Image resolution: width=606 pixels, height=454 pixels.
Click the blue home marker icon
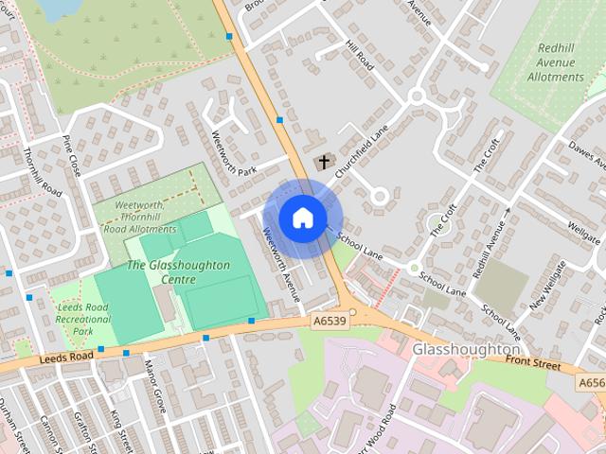click(302, 218)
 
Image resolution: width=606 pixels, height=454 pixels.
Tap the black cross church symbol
click(324, 162)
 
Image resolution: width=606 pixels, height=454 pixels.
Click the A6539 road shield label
click(330, 323)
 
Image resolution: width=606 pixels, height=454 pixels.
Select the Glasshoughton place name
click(466, 349)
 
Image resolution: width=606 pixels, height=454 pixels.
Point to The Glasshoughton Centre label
click(177, 272)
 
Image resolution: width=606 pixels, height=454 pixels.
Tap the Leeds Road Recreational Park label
click(84, 319)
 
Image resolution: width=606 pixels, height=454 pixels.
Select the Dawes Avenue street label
click(587, 158)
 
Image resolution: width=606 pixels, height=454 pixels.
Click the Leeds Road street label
click(67, 357)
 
